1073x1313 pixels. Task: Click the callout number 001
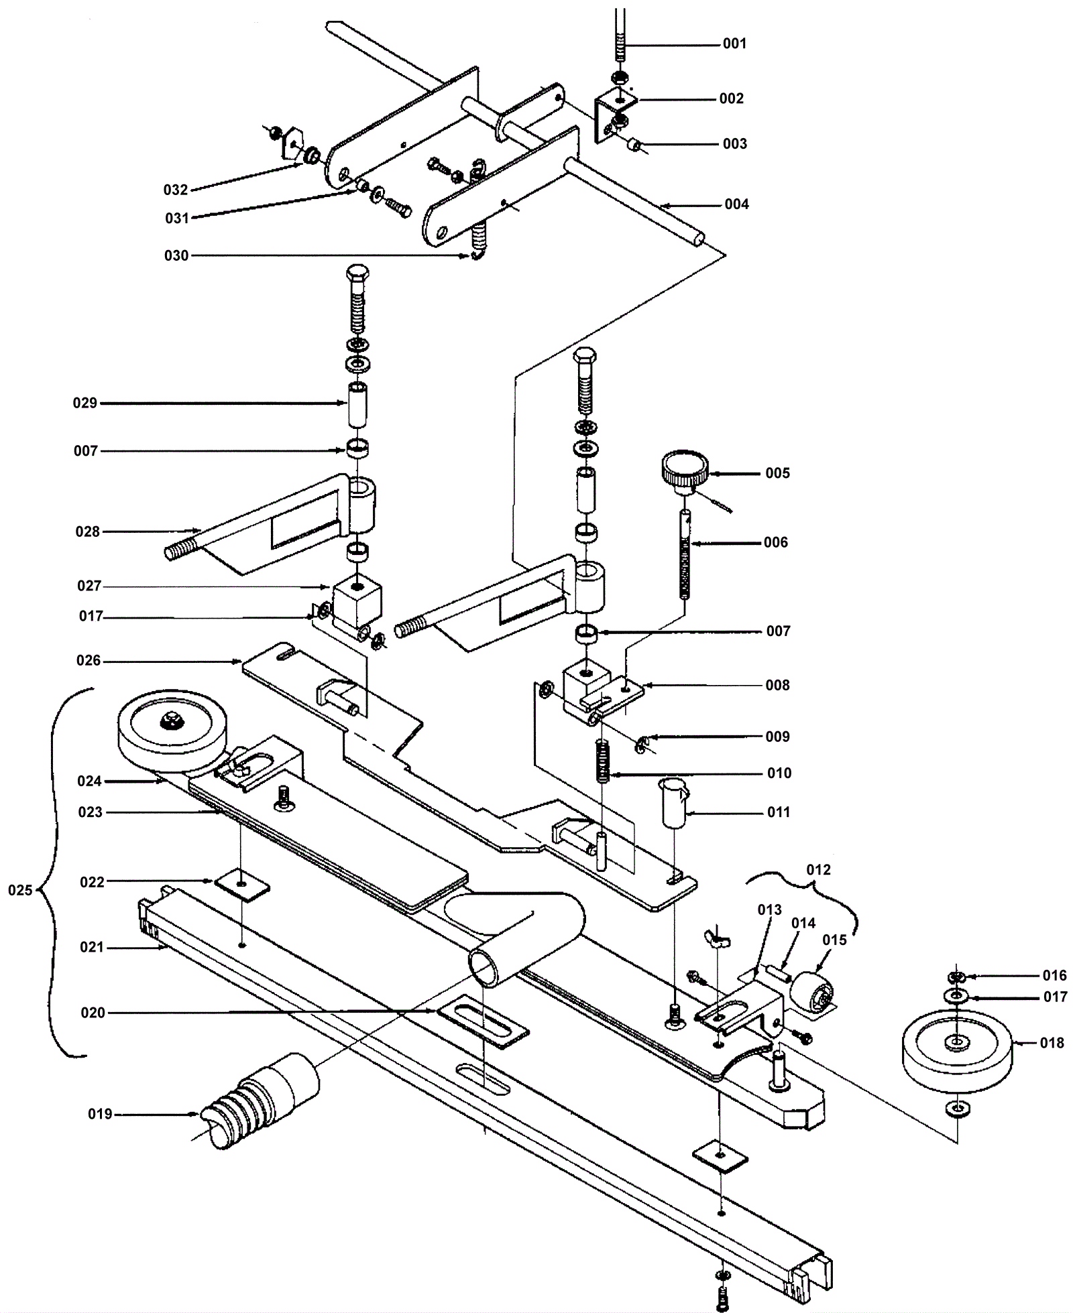[734, 44]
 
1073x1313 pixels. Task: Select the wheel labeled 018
[957, 1052]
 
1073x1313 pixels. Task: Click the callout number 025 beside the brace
[20, 890]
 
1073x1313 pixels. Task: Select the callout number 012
[818, 869]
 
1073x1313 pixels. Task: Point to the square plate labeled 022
[242, 885]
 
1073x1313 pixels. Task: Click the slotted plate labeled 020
[483, 1024]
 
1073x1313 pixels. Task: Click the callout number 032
[175, 190]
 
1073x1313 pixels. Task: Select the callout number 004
[736, 204]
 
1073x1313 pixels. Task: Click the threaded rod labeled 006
[685, 556]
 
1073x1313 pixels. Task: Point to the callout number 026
[88, 660]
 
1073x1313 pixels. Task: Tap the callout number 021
[92, 947]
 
